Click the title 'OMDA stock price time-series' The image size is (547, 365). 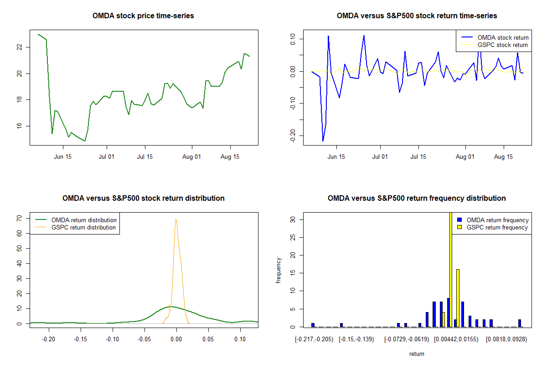pyautogui.click(x=143, y=16)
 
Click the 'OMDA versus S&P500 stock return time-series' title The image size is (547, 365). pyautogui.click(x=417, y=16)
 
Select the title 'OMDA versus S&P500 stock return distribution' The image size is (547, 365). pyautogui.click(x=143, y=198)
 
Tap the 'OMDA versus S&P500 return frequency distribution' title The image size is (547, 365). pyautogui.click(x=417, y=198)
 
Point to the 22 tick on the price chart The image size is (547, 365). pyautogui.click(x=20, y=47)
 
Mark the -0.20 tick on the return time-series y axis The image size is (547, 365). pyautogui.click(x=293, y=135)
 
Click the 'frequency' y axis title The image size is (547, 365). pyautogui.click(x=279, y=271)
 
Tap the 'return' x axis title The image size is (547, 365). pyautogui.click(x=417, y=354)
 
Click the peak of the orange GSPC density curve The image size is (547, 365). pyautogui.click(x=176, y=220)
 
